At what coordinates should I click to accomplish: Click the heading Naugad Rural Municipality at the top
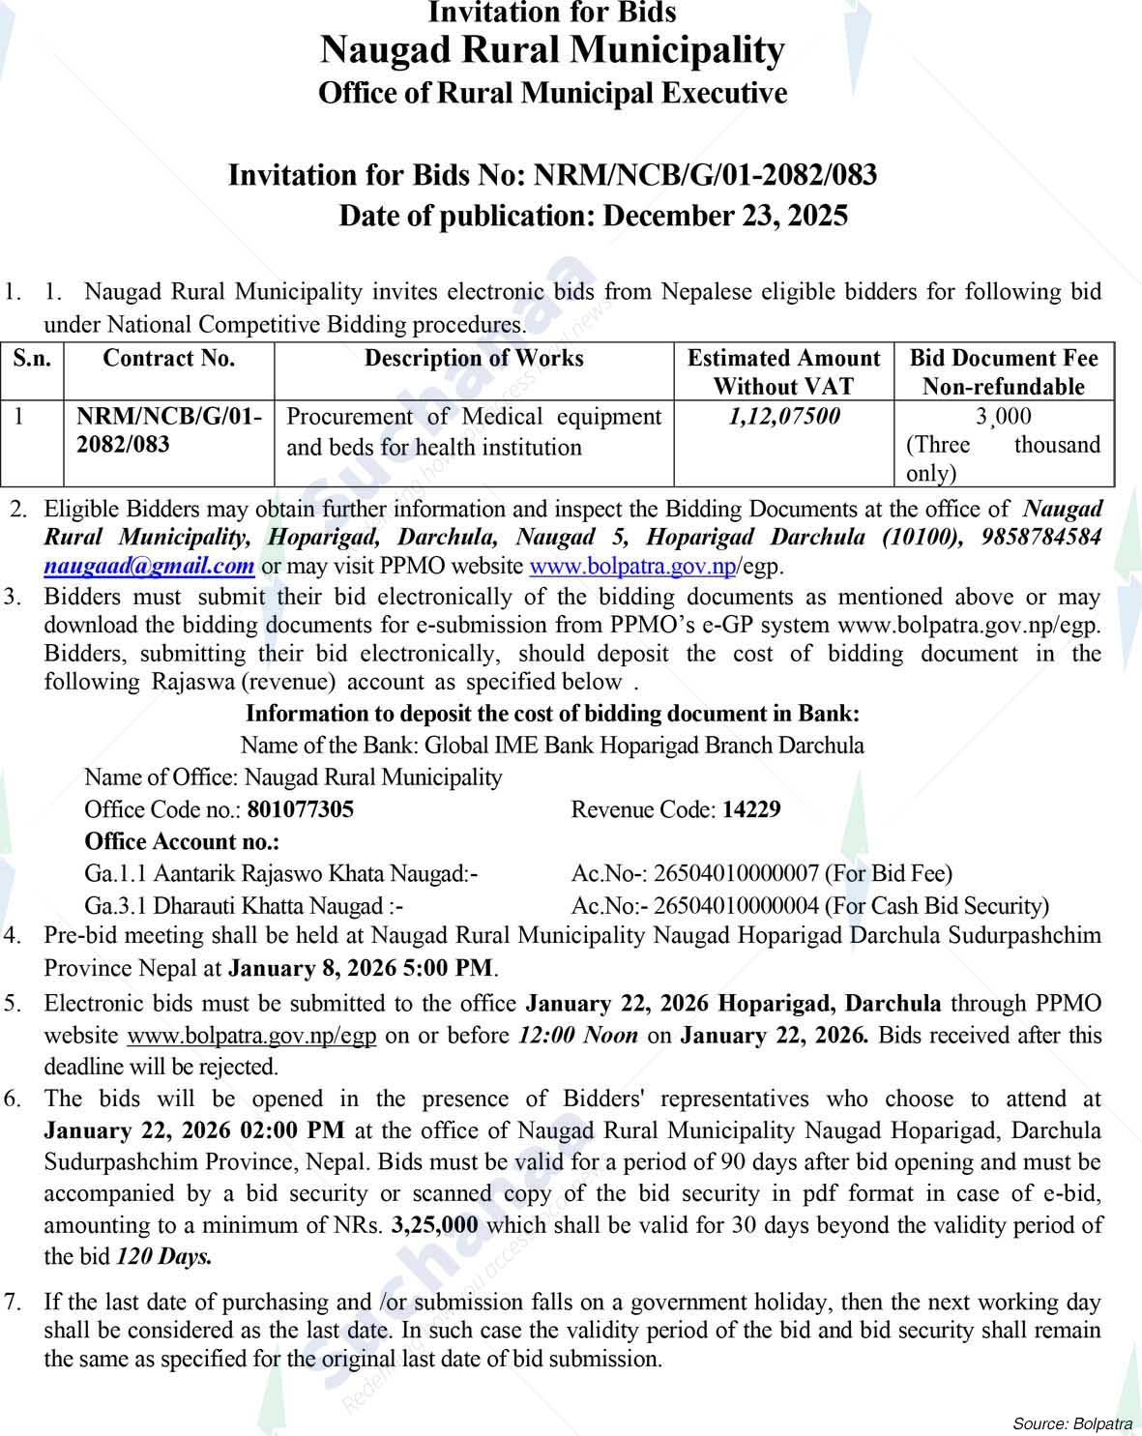click(x=552, y=50)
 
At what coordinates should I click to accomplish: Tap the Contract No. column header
click(x=168, y=359)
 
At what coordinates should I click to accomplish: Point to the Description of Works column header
click(x=474, y=359)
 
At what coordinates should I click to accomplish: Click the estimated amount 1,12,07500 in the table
click(x=783, y=417)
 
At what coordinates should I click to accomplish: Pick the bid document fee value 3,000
click(x=1003, y=417)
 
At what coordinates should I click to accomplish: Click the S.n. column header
click(x=32, y=359)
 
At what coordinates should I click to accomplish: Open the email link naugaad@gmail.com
click(x=149, y=566)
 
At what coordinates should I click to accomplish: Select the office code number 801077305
click(x=300, y=809)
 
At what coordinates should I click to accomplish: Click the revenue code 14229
click(x=751, y=809)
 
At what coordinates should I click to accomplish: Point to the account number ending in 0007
click(x=736, y=874)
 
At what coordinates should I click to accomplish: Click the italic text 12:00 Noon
click(x=577, y=1036)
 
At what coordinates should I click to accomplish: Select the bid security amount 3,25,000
click(x=434, y=1225)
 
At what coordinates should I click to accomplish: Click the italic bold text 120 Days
click(x=163, y=1257)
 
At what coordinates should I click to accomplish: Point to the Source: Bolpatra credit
click(x=1071, y=1423)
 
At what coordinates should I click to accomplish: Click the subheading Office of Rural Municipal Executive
click(x=552, y=94)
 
